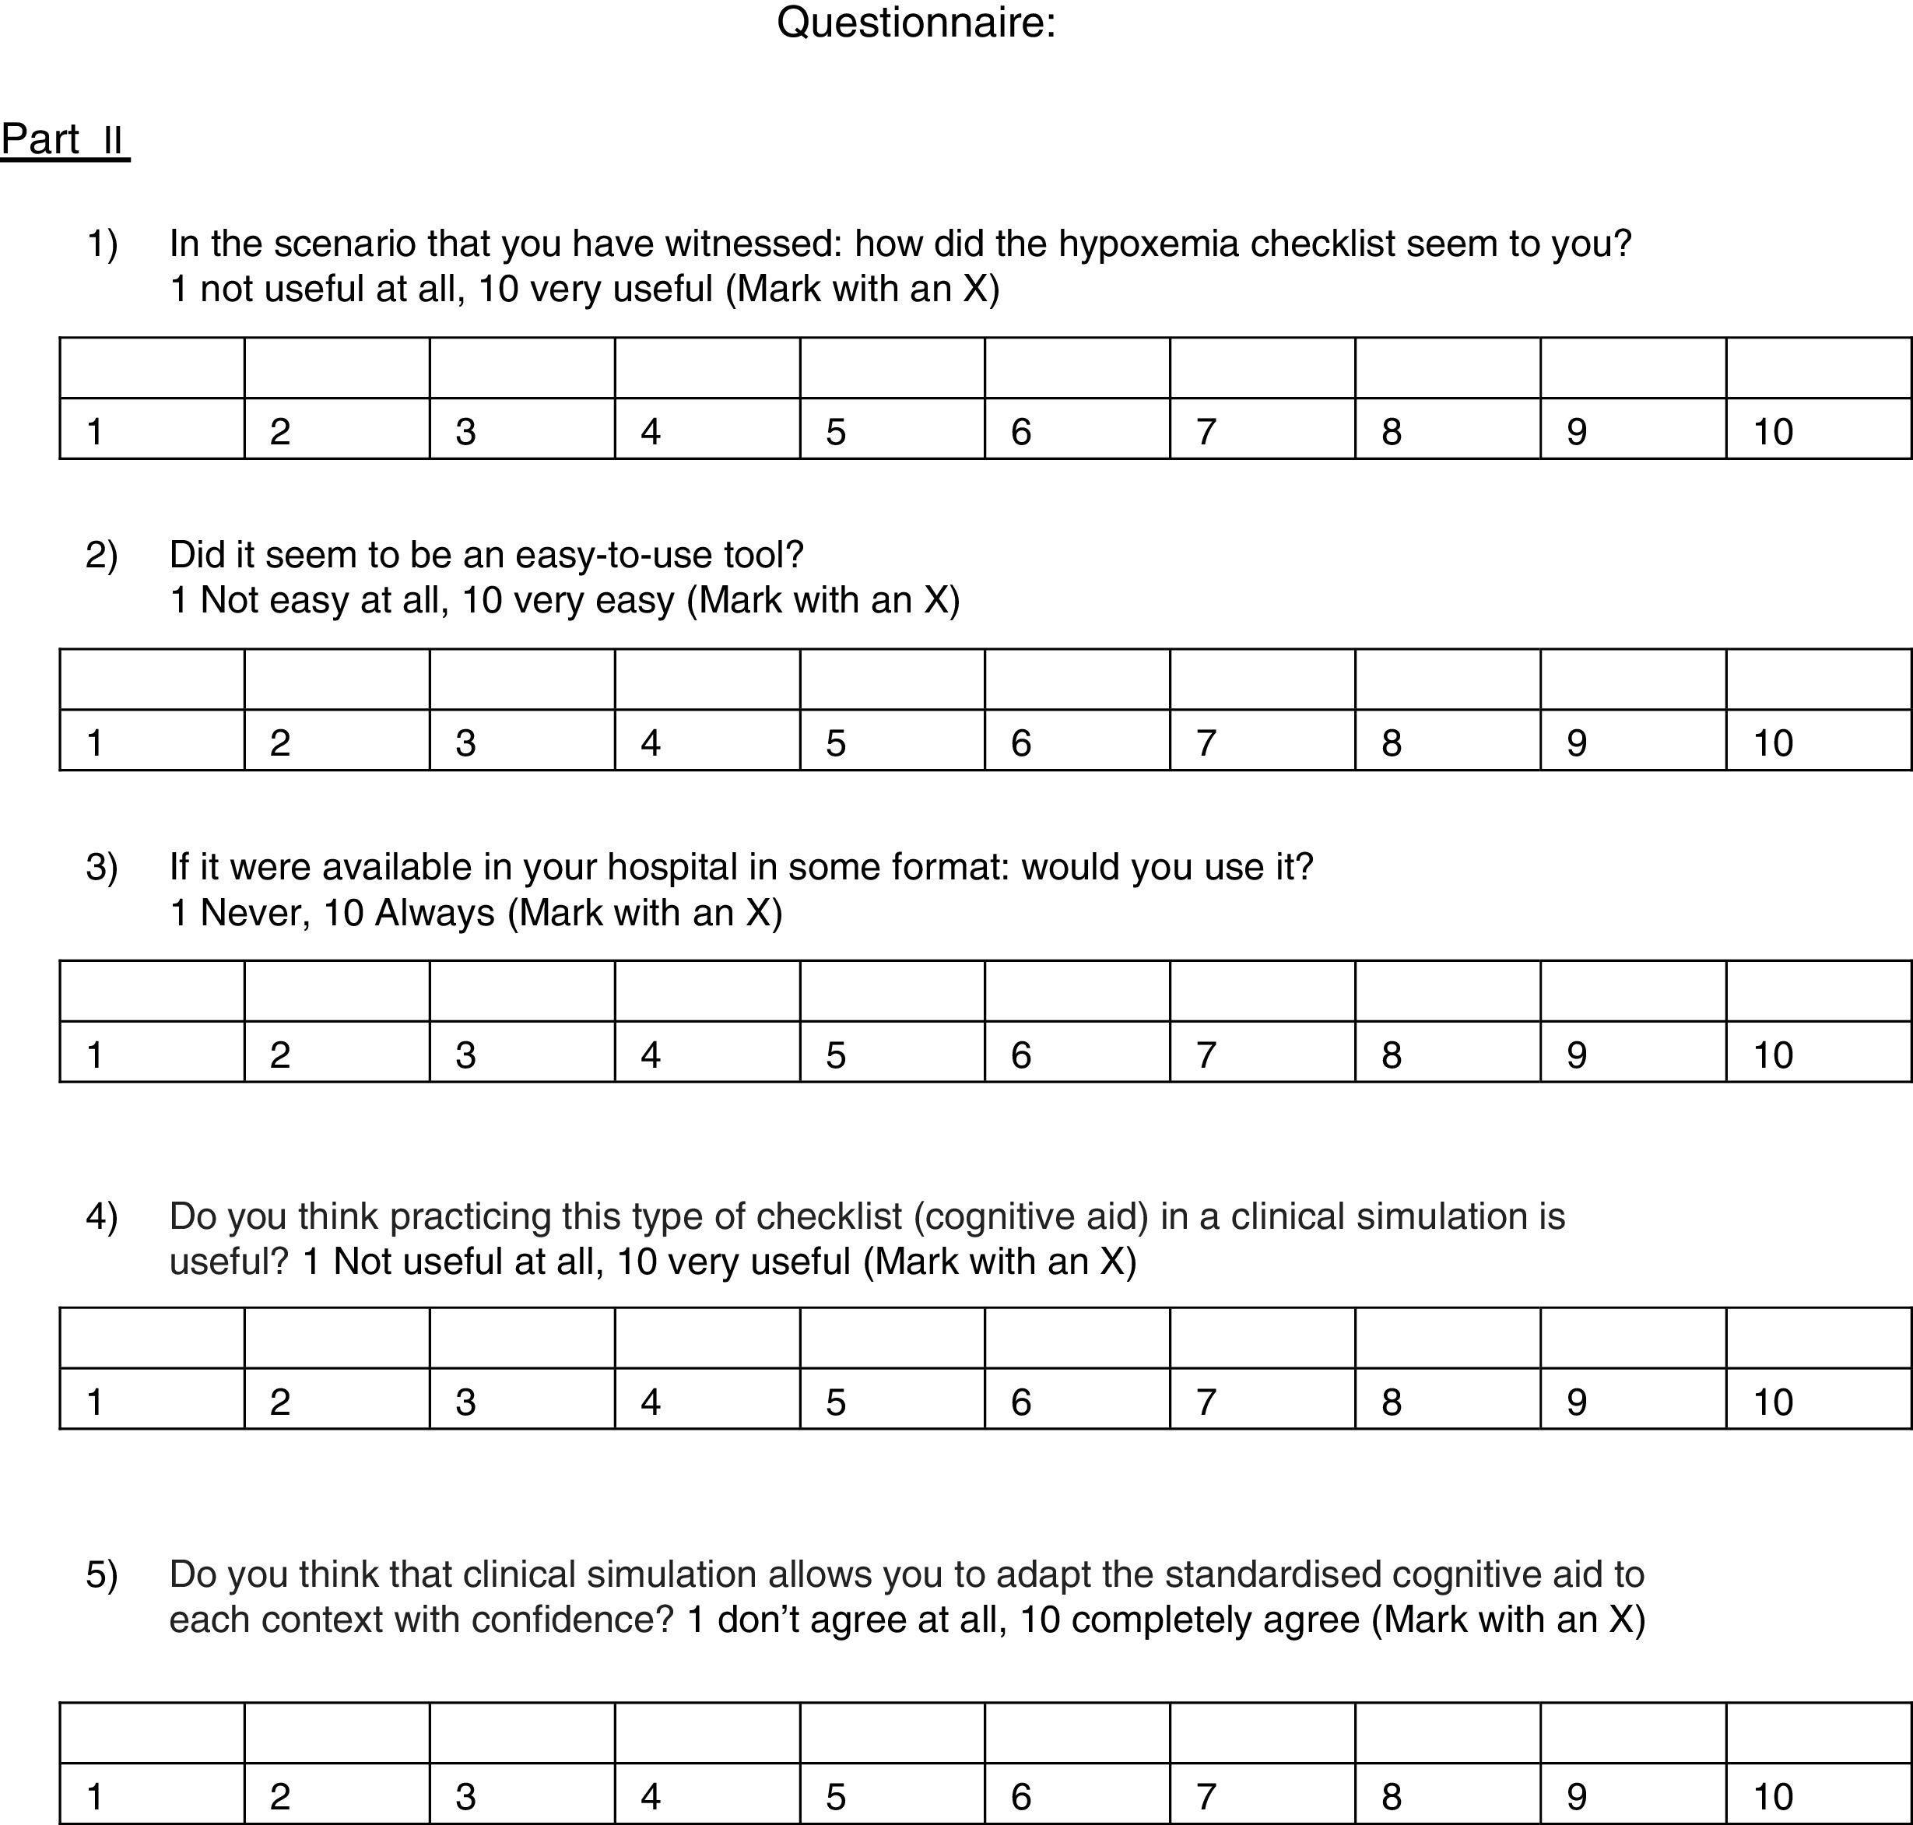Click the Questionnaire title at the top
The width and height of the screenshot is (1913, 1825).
click(915, 23)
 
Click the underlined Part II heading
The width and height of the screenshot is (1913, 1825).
click(65, 140)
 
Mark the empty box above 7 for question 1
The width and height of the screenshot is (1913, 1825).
click(1262, 367)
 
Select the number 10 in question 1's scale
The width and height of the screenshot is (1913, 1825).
click(1773, 431)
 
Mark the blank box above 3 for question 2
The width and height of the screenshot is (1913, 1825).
click(521, 679)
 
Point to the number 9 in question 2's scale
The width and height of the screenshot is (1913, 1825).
click(1576, 742)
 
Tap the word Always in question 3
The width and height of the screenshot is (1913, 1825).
click(435, 912)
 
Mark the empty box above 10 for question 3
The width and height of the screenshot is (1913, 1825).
click(1817, 990)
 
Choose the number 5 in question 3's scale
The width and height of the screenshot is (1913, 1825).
click(836, 1055)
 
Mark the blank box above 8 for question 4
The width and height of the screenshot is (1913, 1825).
click(1447, 1338)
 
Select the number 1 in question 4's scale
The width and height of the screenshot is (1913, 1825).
click(94, 1402)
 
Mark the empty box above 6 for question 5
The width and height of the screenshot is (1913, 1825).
click(1076, 1732)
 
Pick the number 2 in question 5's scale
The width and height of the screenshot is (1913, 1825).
click(279, 1797)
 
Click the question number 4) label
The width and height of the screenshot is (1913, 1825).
click(101, 1216)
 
